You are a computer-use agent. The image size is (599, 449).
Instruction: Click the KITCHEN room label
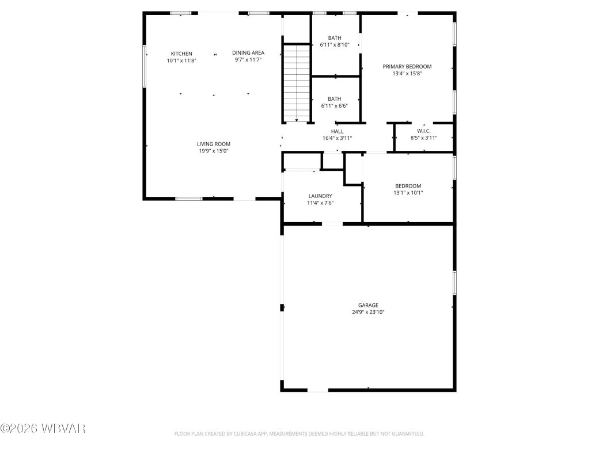181,54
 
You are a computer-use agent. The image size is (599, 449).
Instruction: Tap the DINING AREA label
248,53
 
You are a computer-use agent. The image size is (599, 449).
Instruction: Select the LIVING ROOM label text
214,144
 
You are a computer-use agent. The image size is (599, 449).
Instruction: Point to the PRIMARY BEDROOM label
407,67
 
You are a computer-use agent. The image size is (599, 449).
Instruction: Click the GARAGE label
367,305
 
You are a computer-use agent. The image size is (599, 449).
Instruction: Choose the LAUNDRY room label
320,196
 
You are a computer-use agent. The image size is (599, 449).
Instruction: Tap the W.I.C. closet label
424,131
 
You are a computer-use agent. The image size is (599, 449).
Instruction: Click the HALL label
337,131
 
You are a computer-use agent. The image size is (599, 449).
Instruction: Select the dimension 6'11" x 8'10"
335,45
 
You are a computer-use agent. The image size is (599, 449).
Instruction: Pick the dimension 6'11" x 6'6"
335,106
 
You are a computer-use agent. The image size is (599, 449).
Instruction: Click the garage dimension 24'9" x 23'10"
367,312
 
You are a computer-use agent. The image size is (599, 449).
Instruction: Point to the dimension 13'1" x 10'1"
408,193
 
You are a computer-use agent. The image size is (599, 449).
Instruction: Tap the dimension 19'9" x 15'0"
214,151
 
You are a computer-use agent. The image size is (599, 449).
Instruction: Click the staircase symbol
297,83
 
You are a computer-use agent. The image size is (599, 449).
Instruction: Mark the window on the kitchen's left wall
144,66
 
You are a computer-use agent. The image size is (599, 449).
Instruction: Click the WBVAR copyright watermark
43,428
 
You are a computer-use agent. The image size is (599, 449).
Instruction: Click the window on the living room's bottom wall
188,199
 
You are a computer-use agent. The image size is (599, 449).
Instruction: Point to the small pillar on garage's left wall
282,308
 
